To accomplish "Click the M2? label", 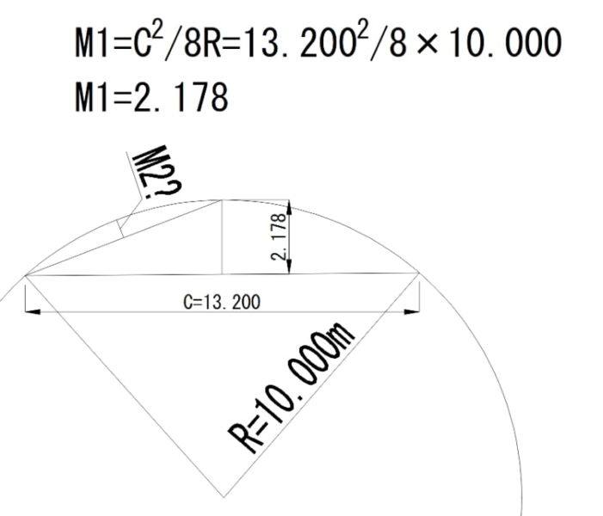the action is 157,171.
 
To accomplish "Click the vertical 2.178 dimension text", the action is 279,236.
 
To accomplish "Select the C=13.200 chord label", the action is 222,302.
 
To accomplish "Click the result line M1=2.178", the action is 151,96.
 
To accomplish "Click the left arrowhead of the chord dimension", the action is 33,311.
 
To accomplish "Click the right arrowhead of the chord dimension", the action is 411,311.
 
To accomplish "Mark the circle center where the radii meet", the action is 224,498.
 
